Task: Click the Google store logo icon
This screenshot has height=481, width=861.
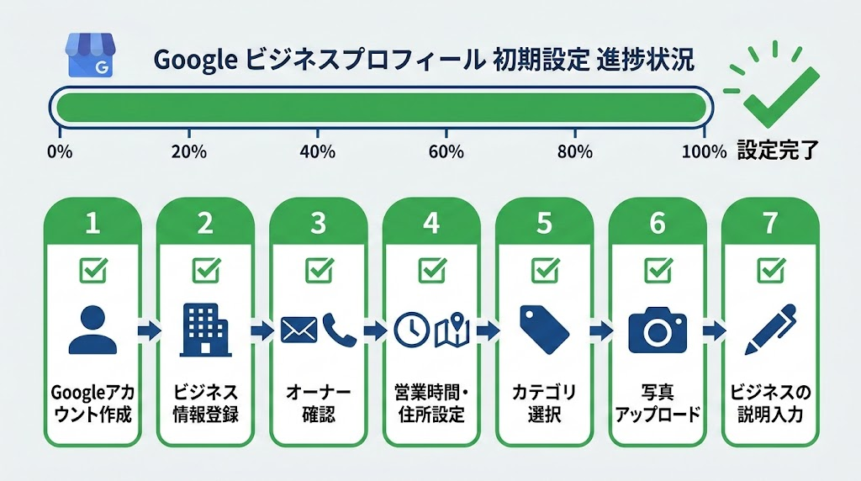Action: tap(92, 56)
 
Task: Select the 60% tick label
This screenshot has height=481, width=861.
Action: tap(446, 152)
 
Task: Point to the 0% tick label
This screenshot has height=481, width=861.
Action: tap(61, 152)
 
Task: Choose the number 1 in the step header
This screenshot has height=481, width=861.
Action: tap(92, 223)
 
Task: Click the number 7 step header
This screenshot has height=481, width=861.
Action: tap(769, 223)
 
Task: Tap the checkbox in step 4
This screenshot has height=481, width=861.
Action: tap(431, 270)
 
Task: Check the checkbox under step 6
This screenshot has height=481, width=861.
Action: tap(657, 270)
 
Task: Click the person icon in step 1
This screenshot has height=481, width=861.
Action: tap(92, 330)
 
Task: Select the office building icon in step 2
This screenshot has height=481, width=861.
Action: tap(205, 330)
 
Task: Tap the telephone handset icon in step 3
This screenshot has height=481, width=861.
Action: tap(339, 330)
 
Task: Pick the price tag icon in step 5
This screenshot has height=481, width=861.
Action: tap(544, 330)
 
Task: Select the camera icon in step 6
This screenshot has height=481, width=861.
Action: tap(657, 330)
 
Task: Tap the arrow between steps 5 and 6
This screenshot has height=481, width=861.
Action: tap(600, 330)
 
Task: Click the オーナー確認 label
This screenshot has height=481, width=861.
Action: tap(318, 404)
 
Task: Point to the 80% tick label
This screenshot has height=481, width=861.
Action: tap(575, 152)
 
